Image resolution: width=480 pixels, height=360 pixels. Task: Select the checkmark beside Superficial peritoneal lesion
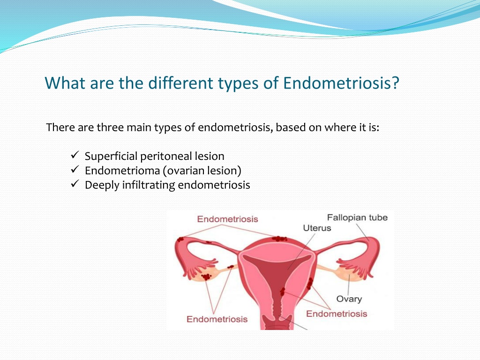pyautogui.click(x=75, y=155)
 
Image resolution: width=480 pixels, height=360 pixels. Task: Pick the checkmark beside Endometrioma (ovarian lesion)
pyautogui.click(x=75, y=169)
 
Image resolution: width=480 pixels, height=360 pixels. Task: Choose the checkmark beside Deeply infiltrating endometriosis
pyautogui.click(x=75, y=184)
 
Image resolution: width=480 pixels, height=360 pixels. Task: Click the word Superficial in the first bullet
pyautogui.click(x=111, y=157)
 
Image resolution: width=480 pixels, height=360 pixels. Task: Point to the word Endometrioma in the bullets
pyautogui.click(x=122, y=171)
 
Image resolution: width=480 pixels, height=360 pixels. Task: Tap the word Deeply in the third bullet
pyautogui.click(x=102, y=185)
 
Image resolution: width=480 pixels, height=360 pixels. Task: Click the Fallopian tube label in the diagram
pyautogui.click(x=357, y=217)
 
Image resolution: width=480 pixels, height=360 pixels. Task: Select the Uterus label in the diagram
pyautogui.click(x=317, y=228)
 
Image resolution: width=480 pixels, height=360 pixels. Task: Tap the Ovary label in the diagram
pyautogui.click(x=349, y=299)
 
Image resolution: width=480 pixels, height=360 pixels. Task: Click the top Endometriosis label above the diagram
pyautogui.click(x=227, y=219)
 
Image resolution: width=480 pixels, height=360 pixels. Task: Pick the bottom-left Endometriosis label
pyautogui.click(x=217, y=319)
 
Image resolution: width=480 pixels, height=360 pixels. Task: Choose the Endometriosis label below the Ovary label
pyautogui.click(x=337, y=314)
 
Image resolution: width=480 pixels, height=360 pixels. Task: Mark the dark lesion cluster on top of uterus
pyautogui.click(x=279, y=239)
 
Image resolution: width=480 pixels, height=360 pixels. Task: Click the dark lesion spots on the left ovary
pyautogui.click(x=206, y=277)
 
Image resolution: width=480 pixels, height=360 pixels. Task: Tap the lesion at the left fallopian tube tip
pyautogui.click(x=180, y=239)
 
